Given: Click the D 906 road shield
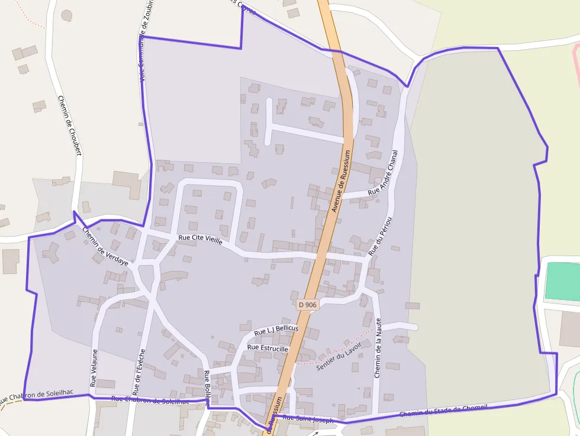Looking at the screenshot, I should tap(308, 305).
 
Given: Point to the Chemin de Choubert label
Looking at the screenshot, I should tap(69, 125).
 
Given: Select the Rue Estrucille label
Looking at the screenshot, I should tap(268, 348).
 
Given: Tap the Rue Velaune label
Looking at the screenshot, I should tap(94, 368).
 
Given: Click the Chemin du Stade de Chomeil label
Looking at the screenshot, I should tap(443, 409).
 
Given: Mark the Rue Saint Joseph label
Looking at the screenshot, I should tap(308, 418).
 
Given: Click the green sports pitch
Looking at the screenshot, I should tap(562, 281).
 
